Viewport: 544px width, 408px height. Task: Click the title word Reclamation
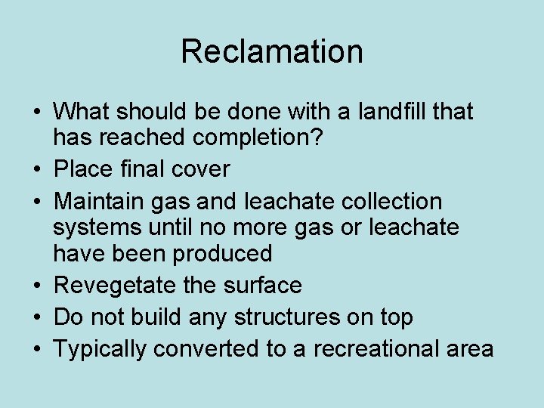pyautogui.click(x=272, y=51)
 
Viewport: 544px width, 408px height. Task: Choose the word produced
pyautogui.click(x=223, y=253)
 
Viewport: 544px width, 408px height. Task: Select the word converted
pyautogui.click(x=203, y=349)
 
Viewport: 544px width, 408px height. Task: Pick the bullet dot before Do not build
pyautogui.click(x=37, y=318)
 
